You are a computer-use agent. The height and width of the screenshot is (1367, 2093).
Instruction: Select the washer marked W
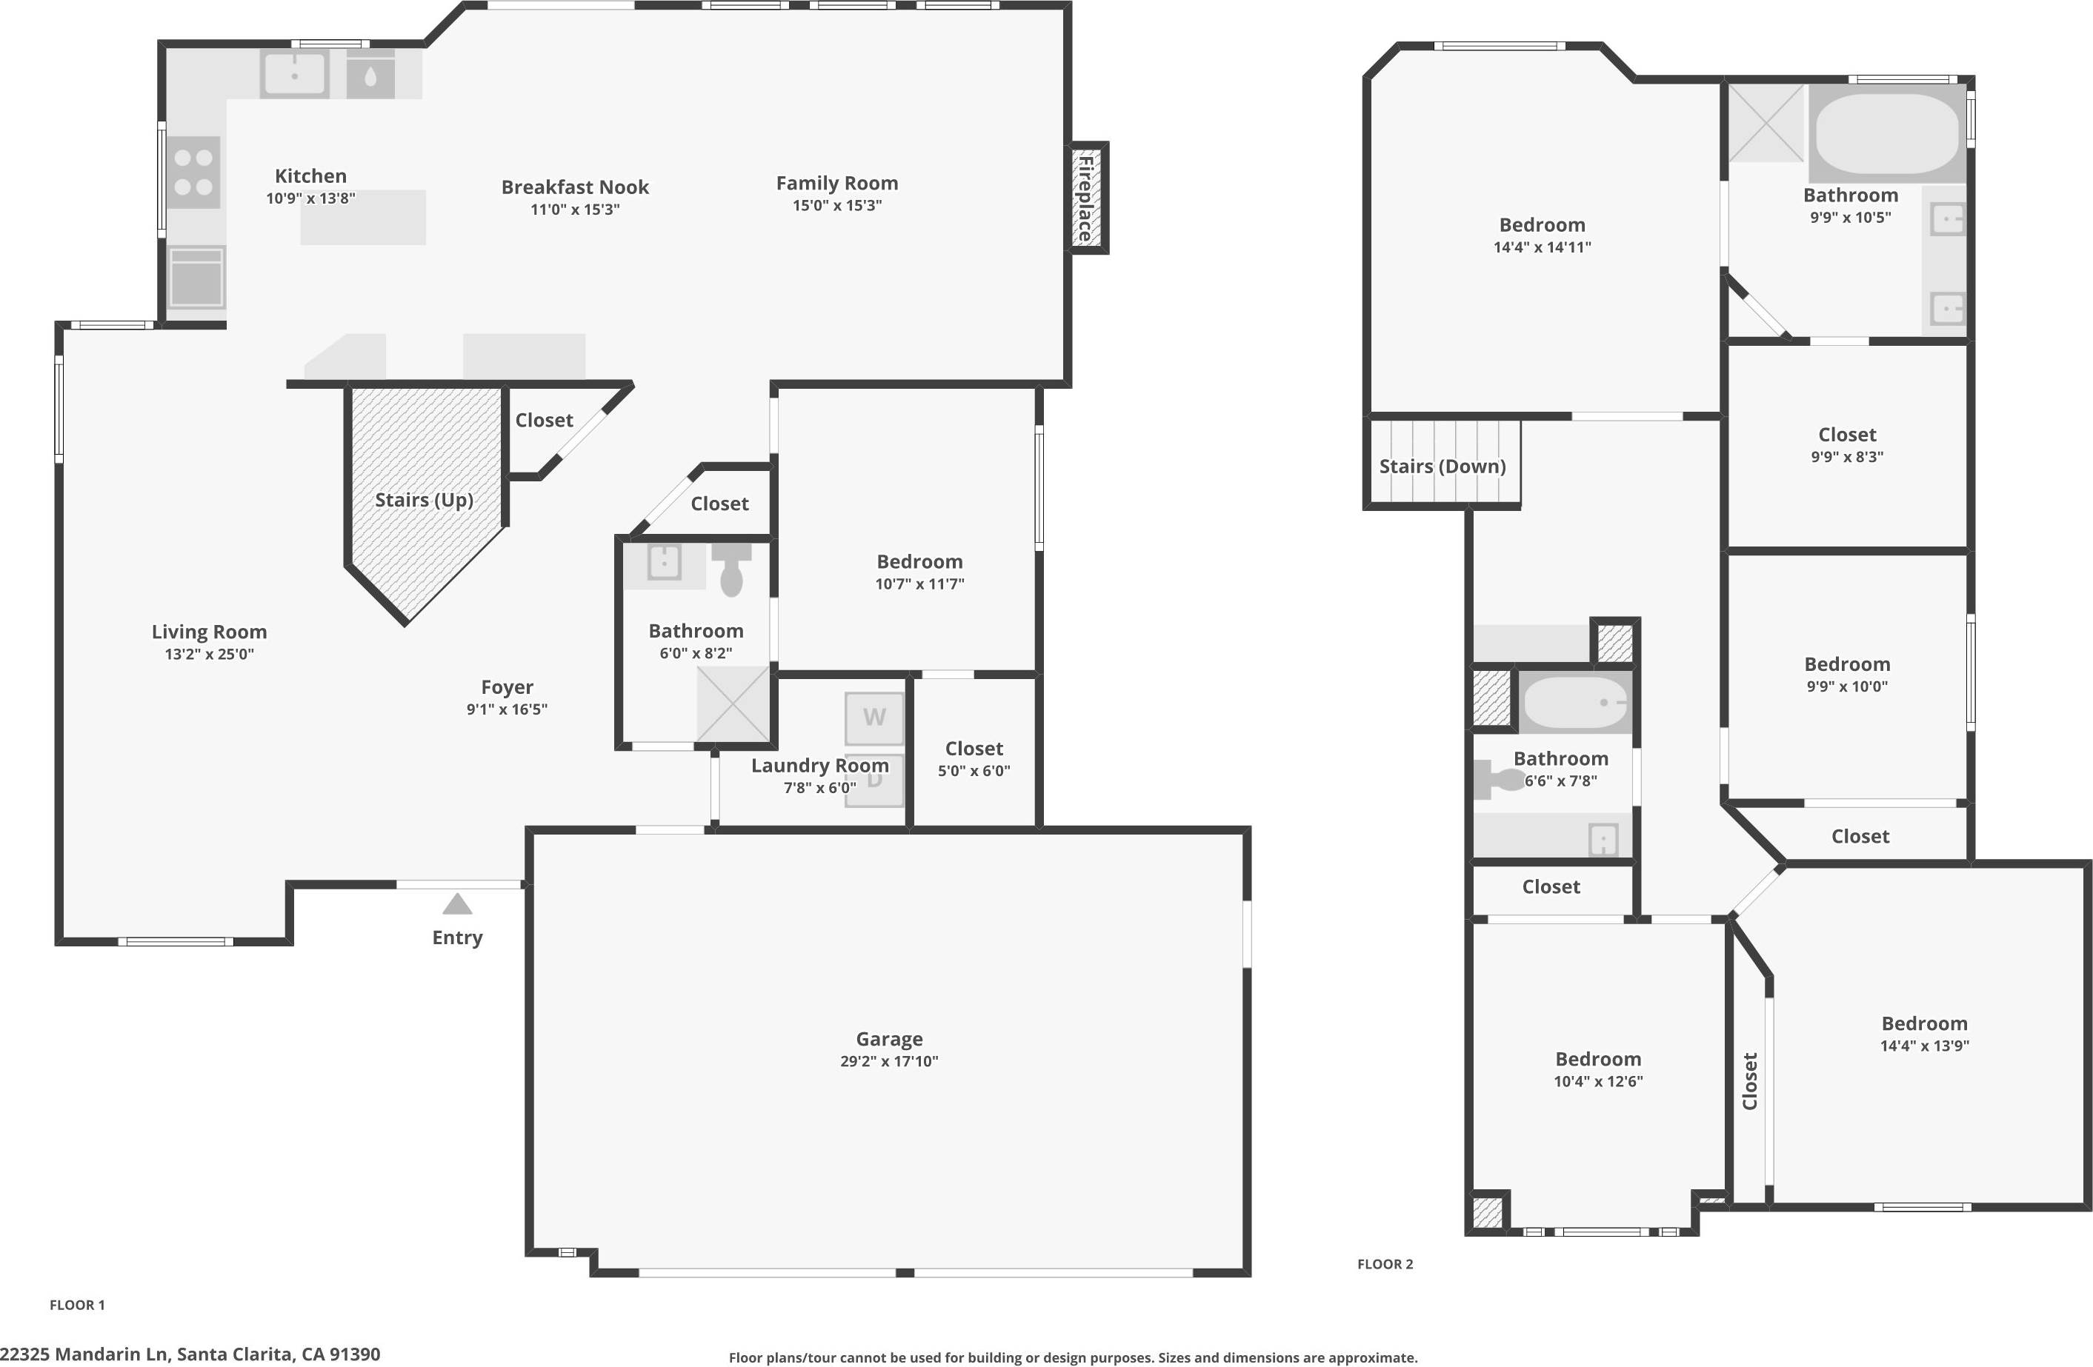tap(874, 718)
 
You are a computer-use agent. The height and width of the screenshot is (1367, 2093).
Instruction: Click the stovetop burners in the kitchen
tap(193, 173)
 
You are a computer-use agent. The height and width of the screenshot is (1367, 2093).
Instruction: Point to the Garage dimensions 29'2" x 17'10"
tap(888, 1061)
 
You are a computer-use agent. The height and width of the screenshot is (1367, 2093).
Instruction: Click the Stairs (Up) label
tap(424, 500)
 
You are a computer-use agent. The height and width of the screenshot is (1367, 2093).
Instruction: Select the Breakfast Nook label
tap(574, 187)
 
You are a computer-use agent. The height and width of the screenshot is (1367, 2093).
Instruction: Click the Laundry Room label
tap(819, 766)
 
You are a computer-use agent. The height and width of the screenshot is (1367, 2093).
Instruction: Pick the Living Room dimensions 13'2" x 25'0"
tap(209, 654)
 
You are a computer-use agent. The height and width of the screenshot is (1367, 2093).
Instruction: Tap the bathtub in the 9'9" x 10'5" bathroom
tap(1886, 133)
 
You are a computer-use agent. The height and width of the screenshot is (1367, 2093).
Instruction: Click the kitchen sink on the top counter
tap(295, 73)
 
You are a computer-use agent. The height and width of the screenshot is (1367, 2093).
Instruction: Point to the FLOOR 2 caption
tap(1384, 1264)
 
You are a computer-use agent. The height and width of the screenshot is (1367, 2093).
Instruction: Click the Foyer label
tap(507, 687)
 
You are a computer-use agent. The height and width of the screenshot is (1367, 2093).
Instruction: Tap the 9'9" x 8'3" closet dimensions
tap(1847, 457)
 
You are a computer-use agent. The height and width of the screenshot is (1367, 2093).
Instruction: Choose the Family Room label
tap(836, 184)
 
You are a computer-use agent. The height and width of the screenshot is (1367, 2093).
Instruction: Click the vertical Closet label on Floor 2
tap(1749, 1080)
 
